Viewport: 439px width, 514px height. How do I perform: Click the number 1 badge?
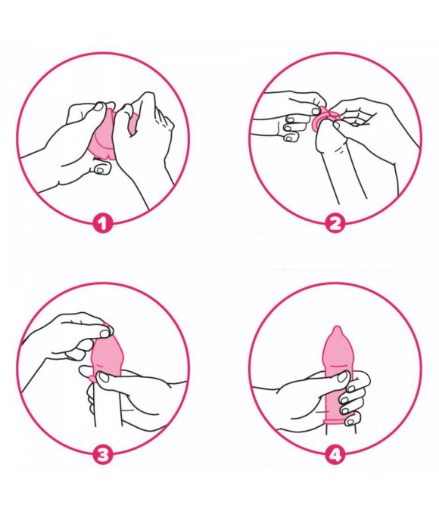click(x=103, y=224)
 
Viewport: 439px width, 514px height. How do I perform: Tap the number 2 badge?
click(x=335, y=224)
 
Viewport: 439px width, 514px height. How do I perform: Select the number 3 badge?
click(x=103, y=455)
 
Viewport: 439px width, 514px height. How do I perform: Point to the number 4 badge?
click(x=335, y=455)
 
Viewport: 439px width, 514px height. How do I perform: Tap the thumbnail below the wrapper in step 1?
click(x=100, y=169)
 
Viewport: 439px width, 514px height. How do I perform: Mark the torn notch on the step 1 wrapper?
click(x=105, y=157)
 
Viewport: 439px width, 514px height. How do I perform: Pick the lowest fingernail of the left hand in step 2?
click(x=289, y=138)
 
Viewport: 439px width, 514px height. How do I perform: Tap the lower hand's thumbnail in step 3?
click(x=104, y=377)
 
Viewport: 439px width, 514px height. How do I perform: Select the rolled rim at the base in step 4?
click(x=338, y=421)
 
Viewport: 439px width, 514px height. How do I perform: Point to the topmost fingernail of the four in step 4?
click(x=351, y=389)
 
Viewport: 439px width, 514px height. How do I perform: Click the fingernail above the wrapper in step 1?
click(x=98, y=107)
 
